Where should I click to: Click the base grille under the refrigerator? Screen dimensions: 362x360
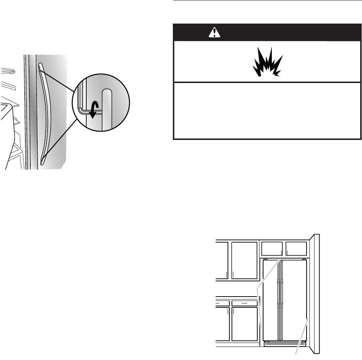(x=285, y=344)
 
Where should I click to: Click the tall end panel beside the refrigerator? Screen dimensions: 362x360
(x=315, y=294)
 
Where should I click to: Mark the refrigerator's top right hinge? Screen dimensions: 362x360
(x=305, y=260)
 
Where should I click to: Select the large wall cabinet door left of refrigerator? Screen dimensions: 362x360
(x=245, y=260)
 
